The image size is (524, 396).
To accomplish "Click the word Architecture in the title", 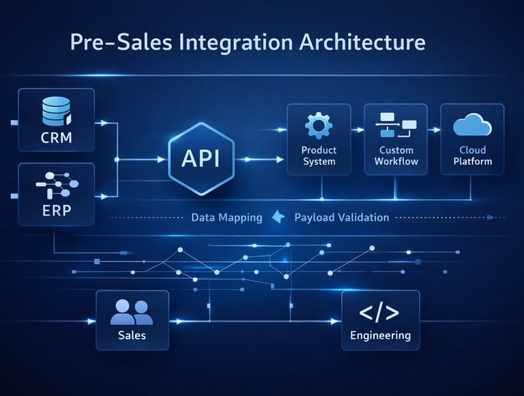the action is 362,42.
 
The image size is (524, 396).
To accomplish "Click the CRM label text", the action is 56,140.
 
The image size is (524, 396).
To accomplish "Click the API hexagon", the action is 201,159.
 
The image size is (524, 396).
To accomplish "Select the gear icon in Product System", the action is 318,126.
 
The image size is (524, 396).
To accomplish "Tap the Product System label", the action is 319,156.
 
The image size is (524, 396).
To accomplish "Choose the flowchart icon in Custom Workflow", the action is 396,125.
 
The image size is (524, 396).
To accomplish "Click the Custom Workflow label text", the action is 396,156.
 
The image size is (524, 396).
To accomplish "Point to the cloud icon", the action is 472,125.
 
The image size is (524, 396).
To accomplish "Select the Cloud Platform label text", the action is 472,156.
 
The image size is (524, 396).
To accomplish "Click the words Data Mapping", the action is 227,217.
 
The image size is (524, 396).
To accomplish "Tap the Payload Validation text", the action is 341,217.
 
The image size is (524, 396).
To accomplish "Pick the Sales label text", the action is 132,335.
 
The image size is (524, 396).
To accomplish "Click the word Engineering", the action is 380,335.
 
